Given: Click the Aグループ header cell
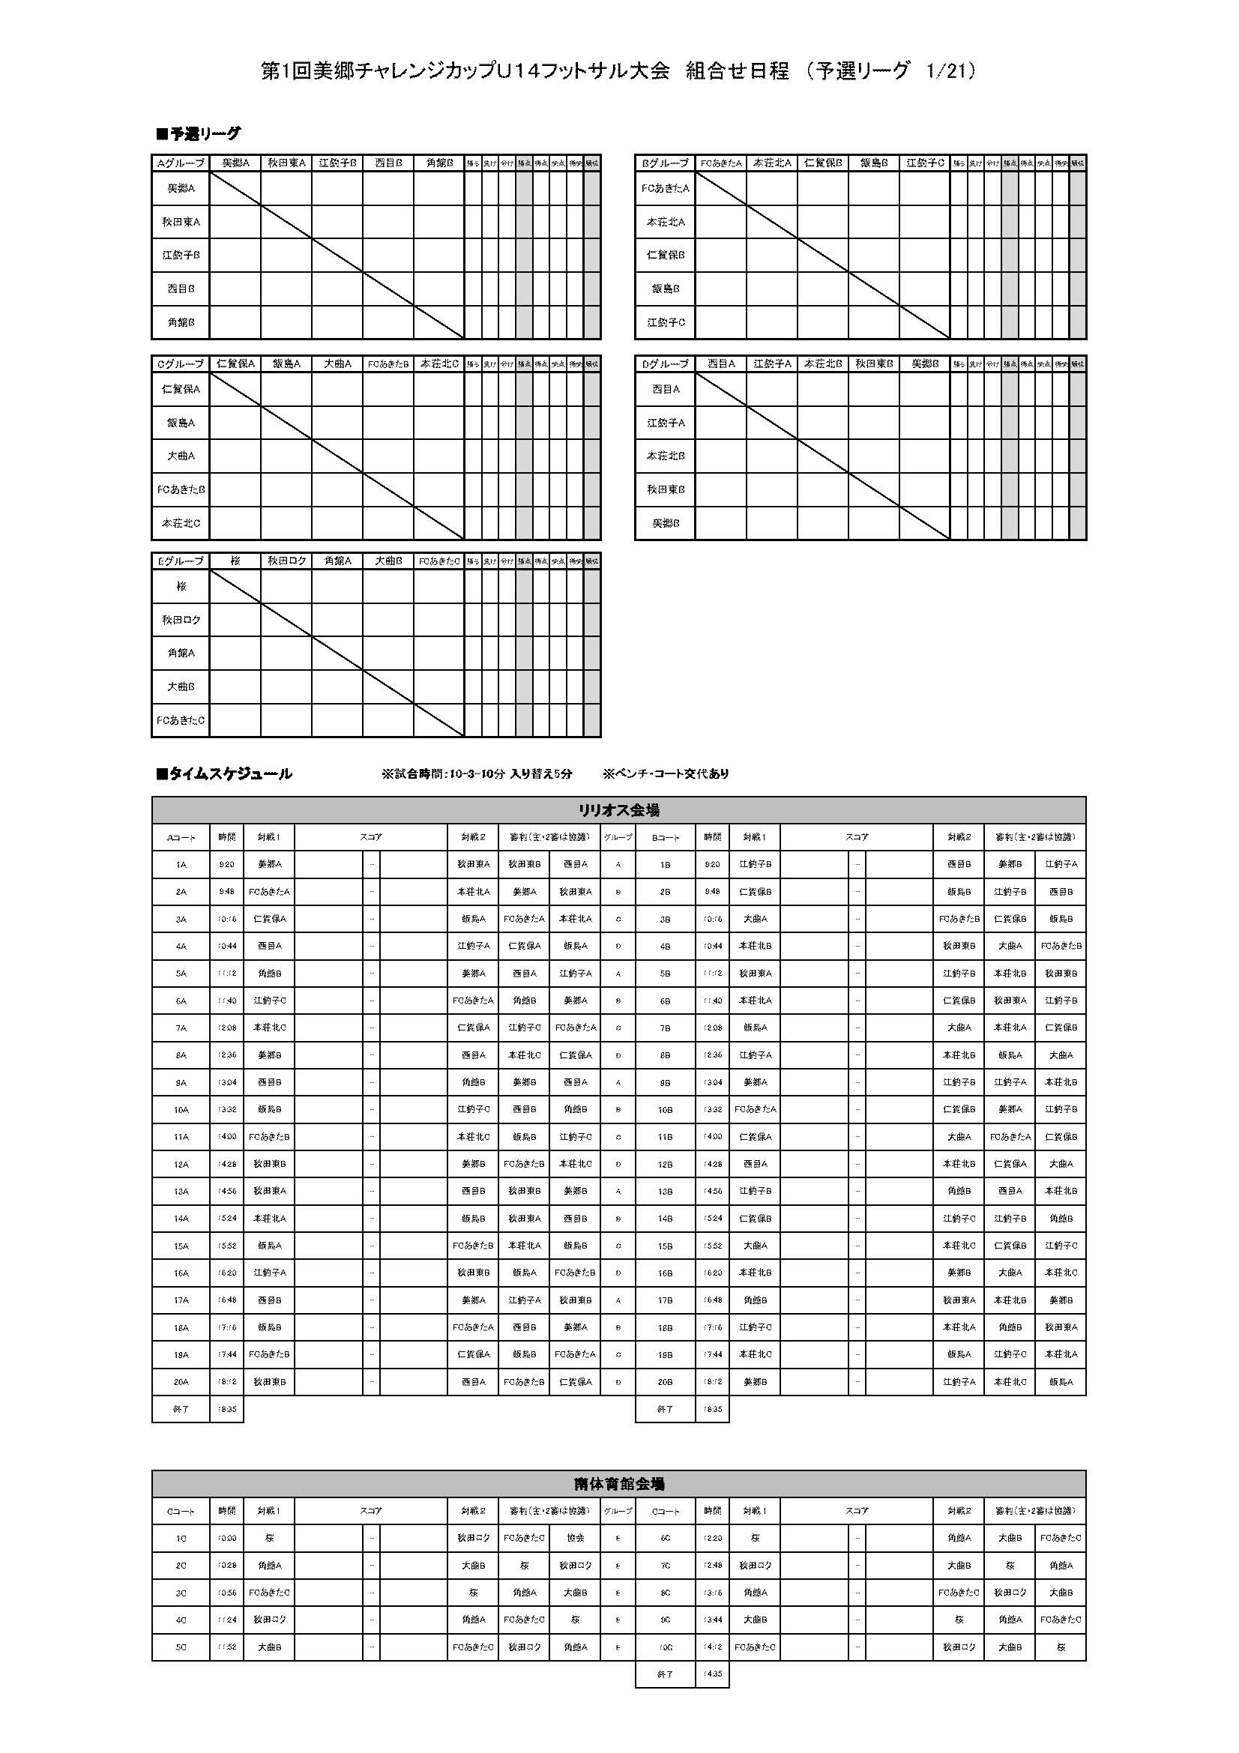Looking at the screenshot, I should tap(181, 163).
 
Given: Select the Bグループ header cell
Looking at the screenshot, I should tap(665, 163).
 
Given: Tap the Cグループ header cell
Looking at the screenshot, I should tap(181, 364).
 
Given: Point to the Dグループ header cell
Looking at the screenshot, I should tap(665, 364).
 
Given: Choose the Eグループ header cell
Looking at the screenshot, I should tap(181, 561).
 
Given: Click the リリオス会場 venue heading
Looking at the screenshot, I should tap(618, 810).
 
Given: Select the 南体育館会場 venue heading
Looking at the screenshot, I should tap(618, 1483).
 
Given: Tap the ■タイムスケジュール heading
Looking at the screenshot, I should tap(223, 773).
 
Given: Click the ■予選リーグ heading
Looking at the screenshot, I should tap(198, 134).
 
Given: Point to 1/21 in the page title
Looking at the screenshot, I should tap(946, 71).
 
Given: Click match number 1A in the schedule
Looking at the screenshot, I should tap(181, 864).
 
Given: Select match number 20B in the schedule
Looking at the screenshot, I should tap(665, 1381).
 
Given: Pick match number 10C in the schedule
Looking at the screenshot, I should tap(665, 1647).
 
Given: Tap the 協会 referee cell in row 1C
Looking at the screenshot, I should tap(575, 1538).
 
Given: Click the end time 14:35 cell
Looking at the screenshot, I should tap(712, 1674).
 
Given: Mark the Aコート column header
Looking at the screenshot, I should tap(181, 838).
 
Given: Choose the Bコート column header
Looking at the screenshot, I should tap(665, 838).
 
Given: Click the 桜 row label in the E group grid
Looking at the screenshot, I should tap(181, 586).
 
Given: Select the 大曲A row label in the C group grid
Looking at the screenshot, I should tap(181, 456).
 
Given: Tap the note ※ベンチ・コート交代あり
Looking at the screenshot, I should tap(665, 773).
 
